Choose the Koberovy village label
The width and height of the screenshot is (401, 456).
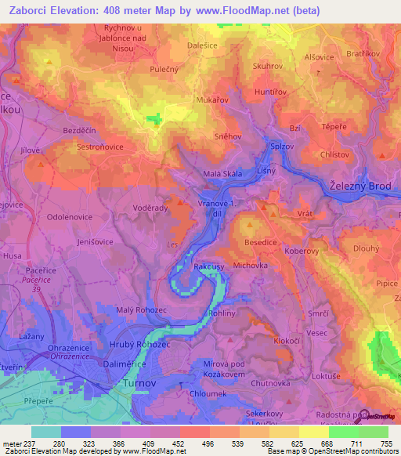click(313, 252)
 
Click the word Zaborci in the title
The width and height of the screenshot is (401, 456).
click(37, 11)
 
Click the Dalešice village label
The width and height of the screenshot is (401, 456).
click(204, 45)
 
